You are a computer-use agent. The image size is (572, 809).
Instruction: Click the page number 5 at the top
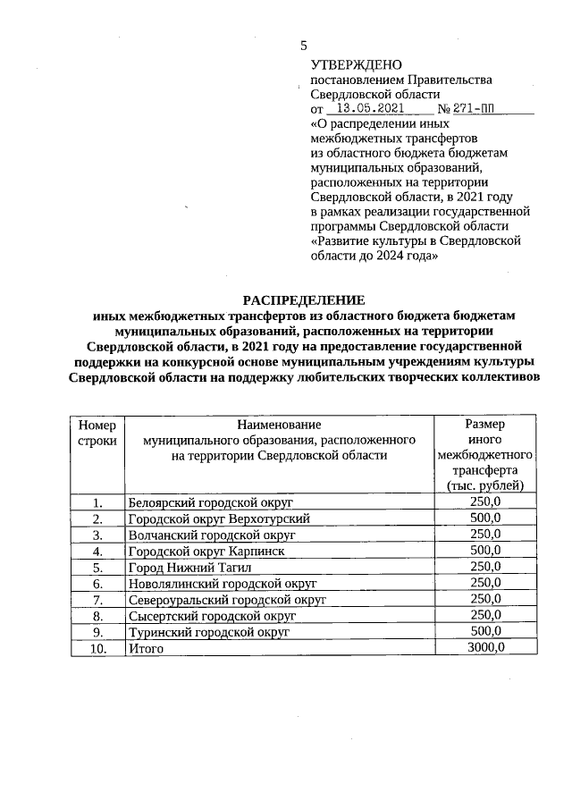304,46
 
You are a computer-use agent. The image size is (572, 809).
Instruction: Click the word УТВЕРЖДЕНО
356,64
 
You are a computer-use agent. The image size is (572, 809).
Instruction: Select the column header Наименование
279,425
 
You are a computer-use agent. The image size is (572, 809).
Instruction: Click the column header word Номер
97,425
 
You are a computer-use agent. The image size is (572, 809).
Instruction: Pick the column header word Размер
484,425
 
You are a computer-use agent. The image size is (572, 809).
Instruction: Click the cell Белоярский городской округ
211,502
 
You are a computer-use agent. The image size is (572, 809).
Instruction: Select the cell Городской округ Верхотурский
219,518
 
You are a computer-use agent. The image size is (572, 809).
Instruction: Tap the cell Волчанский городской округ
211,535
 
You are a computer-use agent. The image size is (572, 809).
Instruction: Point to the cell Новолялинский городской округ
223,583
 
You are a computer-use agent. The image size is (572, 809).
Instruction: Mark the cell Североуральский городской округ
227,599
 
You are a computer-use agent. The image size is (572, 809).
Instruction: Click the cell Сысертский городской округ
212,615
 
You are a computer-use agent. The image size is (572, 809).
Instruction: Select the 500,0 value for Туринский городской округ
485,631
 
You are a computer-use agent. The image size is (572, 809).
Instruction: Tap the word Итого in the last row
146,648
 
